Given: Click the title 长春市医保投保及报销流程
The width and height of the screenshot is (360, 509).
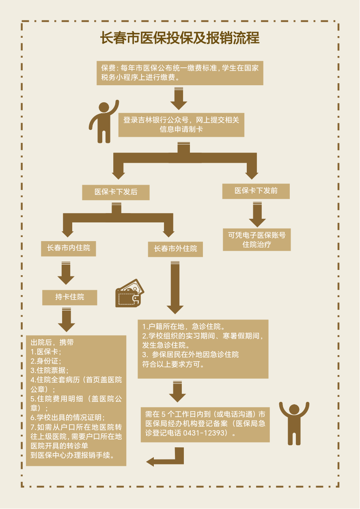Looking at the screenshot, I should coord(180,38).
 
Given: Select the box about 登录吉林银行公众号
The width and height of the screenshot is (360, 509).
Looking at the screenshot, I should coord(181,125).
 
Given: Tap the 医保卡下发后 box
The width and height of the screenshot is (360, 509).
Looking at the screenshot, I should coord(116,192).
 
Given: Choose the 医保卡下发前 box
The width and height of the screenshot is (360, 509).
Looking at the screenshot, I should coord(256,191).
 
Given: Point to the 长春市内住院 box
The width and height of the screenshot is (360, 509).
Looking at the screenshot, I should coord(69,248).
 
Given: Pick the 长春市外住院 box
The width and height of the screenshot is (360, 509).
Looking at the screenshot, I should coord(175,248).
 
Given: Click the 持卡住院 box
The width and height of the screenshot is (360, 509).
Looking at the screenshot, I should coord(70,297).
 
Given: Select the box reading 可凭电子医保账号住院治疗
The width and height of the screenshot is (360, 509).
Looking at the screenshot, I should coord(257,239).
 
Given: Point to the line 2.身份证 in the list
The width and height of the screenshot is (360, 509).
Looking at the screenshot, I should coord(46,361).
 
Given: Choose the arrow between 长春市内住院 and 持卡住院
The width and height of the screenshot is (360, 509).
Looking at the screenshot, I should coord(66,273).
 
